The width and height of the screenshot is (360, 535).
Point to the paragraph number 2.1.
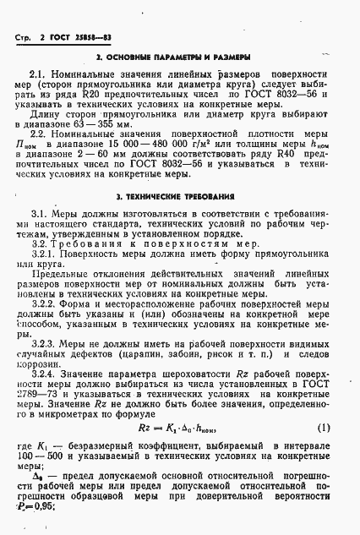click(39, 75)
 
